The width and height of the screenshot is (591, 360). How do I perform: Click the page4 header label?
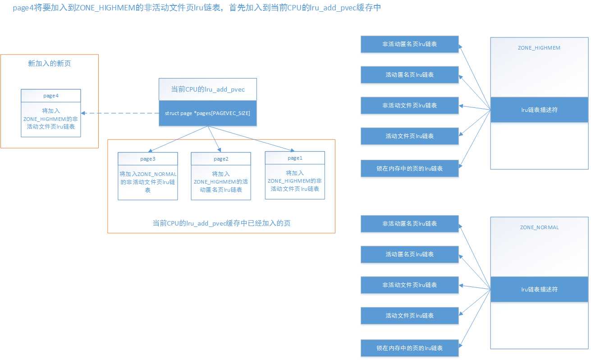[50, 96]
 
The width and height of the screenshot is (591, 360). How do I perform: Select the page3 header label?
[148, 159]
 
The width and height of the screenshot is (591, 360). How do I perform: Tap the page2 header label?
[221, 159]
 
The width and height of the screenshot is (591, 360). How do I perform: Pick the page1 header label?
[295, 158]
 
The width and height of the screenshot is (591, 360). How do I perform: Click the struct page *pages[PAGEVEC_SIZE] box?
[207, 113]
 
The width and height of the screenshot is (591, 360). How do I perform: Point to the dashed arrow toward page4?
[119, 113]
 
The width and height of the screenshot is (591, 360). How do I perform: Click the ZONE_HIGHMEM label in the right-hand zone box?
[539, 47]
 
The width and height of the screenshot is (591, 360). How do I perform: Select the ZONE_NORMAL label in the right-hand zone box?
[539, 227]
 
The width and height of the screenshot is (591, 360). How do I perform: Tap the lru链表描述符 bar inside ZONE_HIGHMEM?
[539, 110]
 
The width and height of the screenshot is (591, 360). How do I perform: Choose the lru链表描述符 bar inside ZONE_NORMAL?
[539, 289]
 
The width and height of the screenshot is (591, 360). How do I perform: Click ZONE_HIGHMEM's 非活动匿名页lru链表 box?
[409, 44]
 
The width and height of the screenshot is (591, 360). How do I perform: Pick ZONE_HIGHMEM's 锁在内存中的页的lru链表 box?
[409, 168]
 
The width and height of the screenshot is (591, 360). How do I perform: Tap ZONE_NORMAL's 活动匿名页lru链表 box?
[409, 254]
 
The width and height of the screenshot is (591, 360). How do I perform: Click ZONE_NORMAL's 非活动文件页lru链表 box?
[409, 285]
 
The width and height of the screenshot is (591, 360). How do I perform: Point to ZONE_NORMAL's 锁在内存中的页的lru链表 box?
[409, 348]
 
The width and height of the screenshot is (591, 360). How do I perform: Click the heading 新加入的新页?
[49, 64]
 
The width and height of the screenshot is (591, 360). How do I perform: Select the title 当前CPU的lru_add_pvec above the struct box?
[207, 89]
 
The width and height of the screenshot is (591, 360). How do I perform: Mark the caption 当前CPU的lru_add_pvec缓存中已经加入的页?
[221, 223]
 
